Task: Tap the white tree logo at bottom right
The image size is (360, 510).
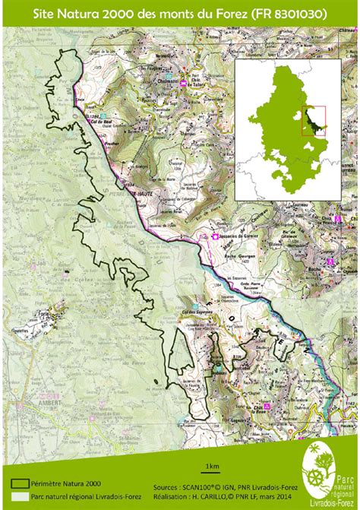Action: click(320, 474)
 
